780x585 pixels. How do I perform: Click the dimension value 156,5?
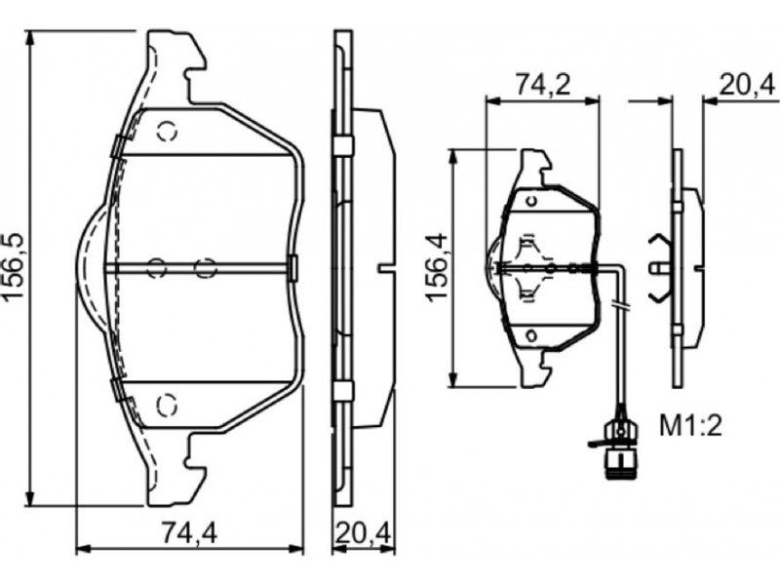pos(15,265)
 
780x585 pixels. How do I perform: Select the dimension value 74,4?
pos(189,534)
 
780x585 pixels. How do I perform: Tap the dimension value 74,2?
pos(543,84)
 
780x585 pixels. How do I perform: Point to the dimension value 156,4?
pos(437,266)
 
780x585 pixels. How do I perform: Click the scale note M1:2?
pos(690,426)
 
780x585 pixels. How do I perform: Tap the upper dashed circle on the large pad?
pos(167,132)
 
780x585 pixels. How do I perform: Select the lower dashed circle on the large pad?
pos(167,405)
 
